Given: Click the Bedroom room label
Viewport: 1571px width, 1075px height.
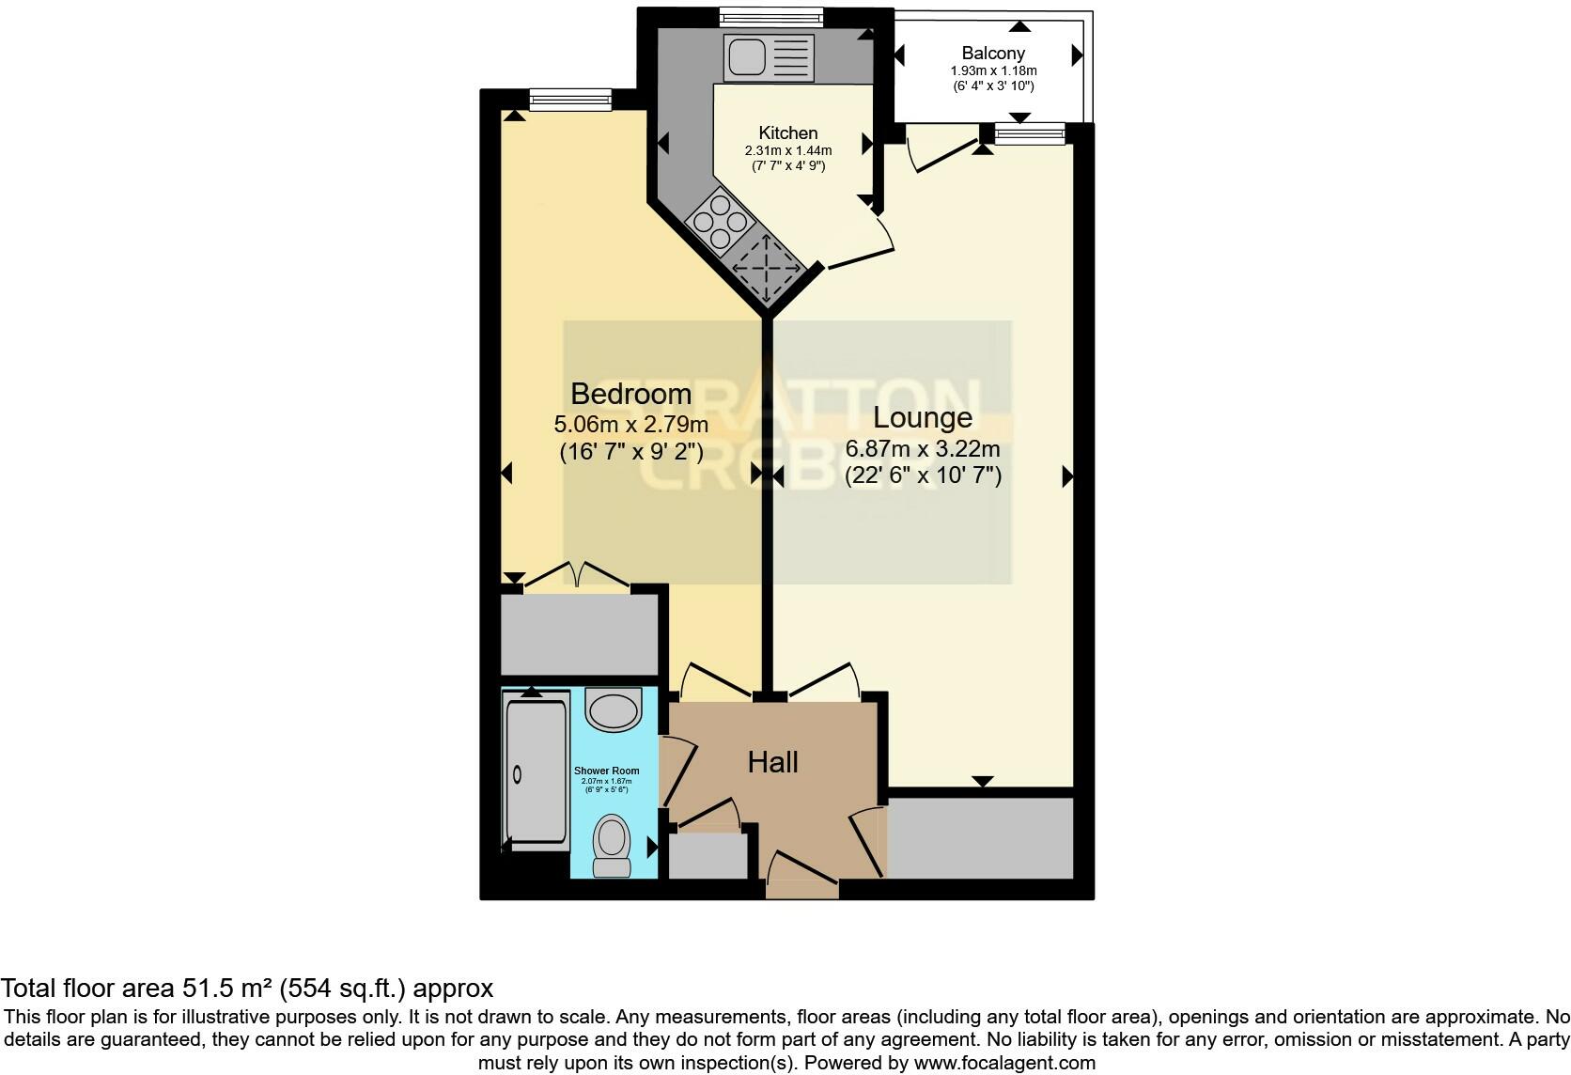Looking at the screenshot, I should [x=630, y=393].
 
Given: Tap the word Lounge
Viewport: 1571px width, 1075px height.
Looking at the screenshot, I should [x=923, y=416].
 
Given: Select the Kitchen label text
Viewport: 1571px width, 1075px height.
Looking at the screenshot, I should [x=788, y=132].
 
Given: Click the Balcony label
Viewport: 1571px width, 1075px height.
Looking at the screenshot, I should [x=993, y=54].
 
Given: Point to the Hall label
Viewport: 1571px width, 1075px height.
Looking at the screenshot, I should [x=772, y=762].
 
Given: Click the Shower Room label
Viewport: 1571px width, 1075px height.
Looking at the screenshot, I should [x=607, y=771].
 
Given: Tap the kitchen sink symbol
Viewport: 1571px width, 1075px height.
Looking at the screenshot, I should [x=766, y=57].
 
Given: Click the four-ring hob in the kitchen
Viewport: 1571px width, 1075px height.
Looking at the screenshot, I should [x=721, y=223].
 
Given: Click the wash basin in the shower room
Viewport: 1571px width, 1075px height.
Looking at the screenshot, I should [x=613, y=709].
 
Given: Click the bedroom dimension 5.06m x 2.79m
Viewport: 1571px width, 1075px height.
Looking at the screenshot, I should [x=630, y=425].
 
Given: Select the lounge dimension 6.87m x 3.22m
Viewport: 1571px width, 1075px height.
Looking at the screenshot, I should [x=923, y=449].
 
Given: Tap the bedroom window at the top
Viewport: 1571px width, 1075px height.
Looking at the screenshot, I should [x=569, y=99].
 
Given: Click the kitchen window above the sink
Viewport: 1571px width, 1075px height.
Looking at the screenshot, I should [x=770, y=16].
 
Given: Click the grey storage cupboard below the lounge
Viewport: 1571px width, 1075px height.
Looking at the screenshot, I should [x=979, y=837].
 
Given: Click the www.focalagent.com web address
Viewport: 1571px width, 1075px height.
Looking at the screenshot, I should [x=1003, y=1064].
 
